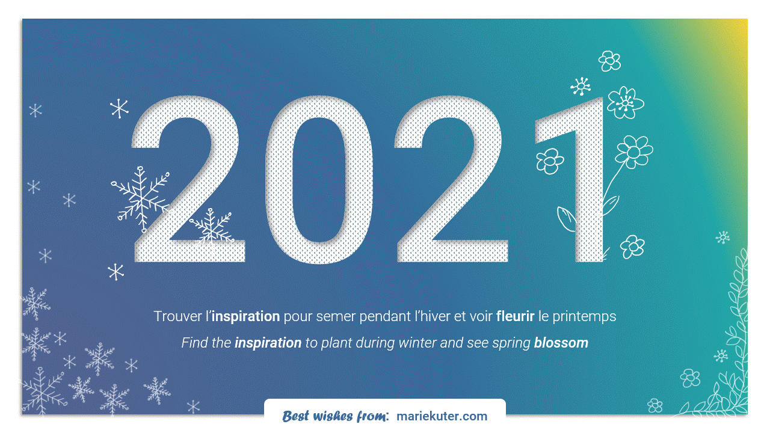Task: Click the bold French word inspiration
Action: point(245,316)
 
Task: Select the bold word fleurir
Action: point(515,316)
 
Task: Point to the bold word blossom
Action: point(561,343)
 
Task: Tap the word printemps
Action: point(584,317)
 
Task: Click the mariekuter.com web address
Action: point(442,416)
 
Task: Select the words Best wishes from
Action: point(336,416)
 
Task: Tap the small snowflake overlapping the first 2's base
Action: point(211,227)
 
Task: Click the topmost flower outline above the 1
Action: point(609,61)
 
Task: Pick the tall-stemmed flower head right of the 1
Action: point(634,152)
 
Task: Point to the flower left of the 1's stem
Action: point(549,161)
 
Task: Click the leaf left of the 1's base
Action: point(566,219)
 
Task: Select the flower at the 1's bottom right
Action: point(632,247)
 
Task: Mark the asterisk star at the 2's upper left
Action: point(119,109)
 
